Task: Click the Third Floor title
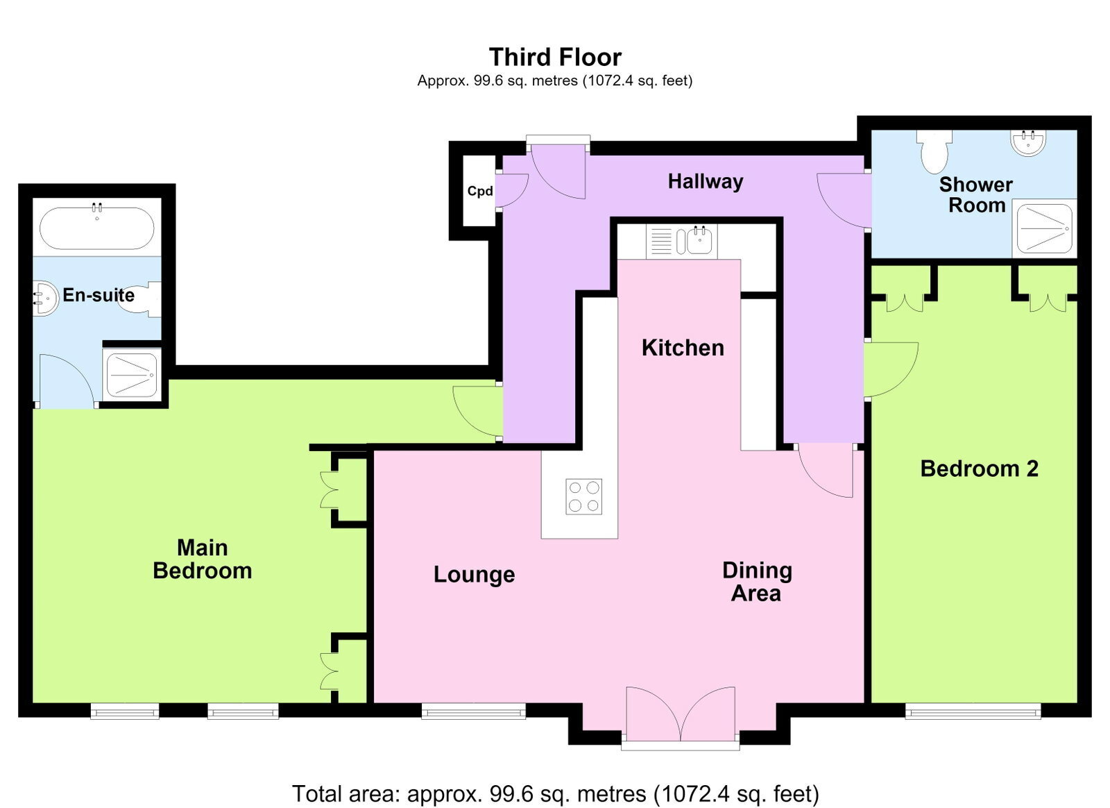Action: (555, 58)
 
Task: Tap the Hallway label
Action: (705, 182)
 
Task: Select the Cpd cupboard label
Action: (479, 191)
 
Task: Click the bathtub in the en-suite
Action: (96, 228)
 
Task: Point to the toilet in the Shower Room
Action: (934, 151)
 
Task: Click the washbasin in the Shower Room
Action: (1028, 142)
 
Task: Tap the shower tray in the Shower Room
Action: (1045, 228)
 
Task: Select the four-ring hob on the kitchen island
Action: (583, 497)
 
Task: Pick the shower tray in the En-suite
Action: (132, 375)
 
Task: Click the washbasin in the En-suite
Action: (46, 299)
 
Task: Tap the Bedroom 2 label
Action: (979, 469)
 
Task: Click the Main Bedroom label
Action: (202, 559)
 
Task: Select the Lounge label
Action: (475, 575)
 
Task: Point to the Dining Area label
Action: (757, 582)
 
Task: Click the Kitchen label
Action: (683, 348)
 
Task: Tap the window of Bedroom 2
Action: (973, 711)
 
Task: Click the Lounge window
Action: (474, 711)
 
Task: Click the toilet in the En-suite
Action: (142, 299)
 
